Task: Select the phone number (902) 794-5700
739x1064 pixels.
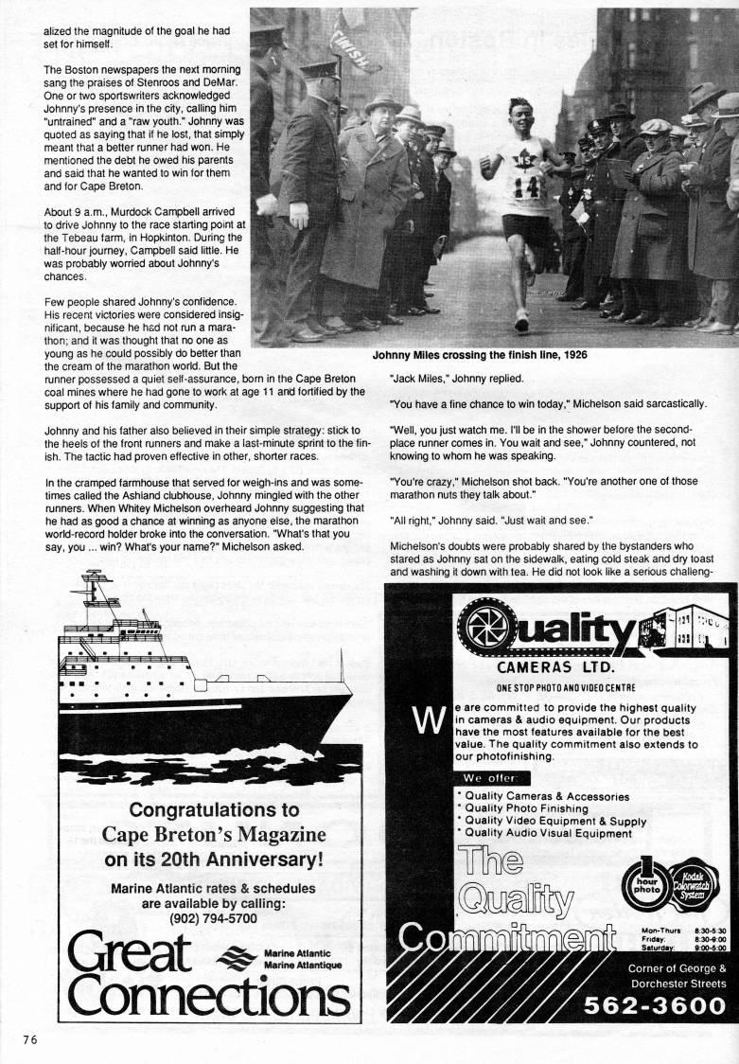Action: pyautogui.click(x=213, y=917)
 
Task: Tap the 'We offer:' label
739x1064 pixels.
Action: pyautogui.click(x=491, y=779)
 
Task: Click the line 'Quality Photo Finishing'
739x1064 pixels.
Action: pyautogui.click(x=532, y=808)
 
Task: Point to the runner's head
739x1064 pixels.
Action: pyautogui.click(x=510, y=113)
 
